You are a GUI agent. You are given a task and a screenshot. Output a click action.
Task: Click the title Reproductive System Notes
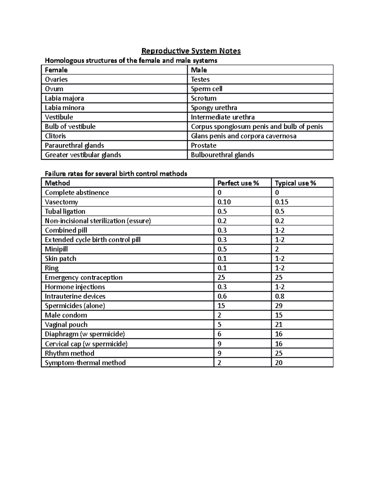click(191, 51)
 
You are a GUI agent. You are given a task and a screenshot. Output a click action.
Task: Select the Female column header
click(56, 70)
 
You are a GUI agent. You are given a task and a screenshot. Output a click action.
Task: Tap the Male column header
click(199, 70)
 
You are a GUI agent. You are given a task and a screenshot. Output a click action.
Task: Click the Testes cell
click(200, 80)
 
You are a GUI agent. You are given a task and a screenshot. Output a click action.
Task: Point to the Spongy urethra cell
click(214, 108)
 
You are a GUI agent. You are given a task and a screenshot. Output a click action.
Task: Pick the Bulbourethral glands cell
click(222, 155)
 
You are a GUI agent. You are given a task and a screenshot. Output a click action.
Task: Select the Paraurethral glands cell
click(74, 145)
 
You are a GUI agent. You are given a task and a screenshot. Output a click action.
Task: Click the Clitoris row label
click(55, 136)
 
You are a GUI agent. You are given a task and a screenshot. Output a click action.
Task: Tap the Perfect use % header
click(238, 183)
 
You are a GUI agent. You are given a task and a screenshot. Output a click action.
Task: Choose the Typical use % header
click(295, 183)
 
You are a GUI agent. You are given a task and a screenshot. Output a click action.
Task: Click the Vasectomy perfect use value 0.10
click(224, 202)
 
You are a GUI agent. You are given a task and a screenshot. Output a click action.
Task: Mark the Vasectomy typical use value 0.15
click(282, 202)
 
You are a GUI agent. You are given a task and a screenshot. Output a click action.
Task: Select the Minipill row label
click(56, 249)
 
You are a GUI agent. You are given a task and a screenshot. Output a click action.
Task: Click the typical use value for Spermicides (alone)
click(279, 306)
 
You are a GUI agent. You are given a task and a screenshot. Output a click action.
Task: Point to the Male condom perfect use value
click(219, 315)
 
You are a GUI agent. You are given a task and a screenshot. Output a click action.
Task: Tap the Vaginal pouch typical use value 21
click(279, 325)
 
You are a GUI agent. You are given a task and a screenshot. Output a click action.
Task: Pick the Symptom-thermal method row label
click(85, 363)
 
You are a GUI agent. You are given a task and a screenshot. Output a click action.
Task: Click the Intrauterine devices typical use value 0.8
click(280, 296)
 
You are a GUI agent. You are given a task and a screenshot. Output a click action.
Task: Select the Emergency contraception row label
click(84, 277)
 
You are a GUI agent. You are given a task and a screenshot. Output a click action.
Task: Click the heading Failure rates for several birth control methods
click(116, 174)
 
